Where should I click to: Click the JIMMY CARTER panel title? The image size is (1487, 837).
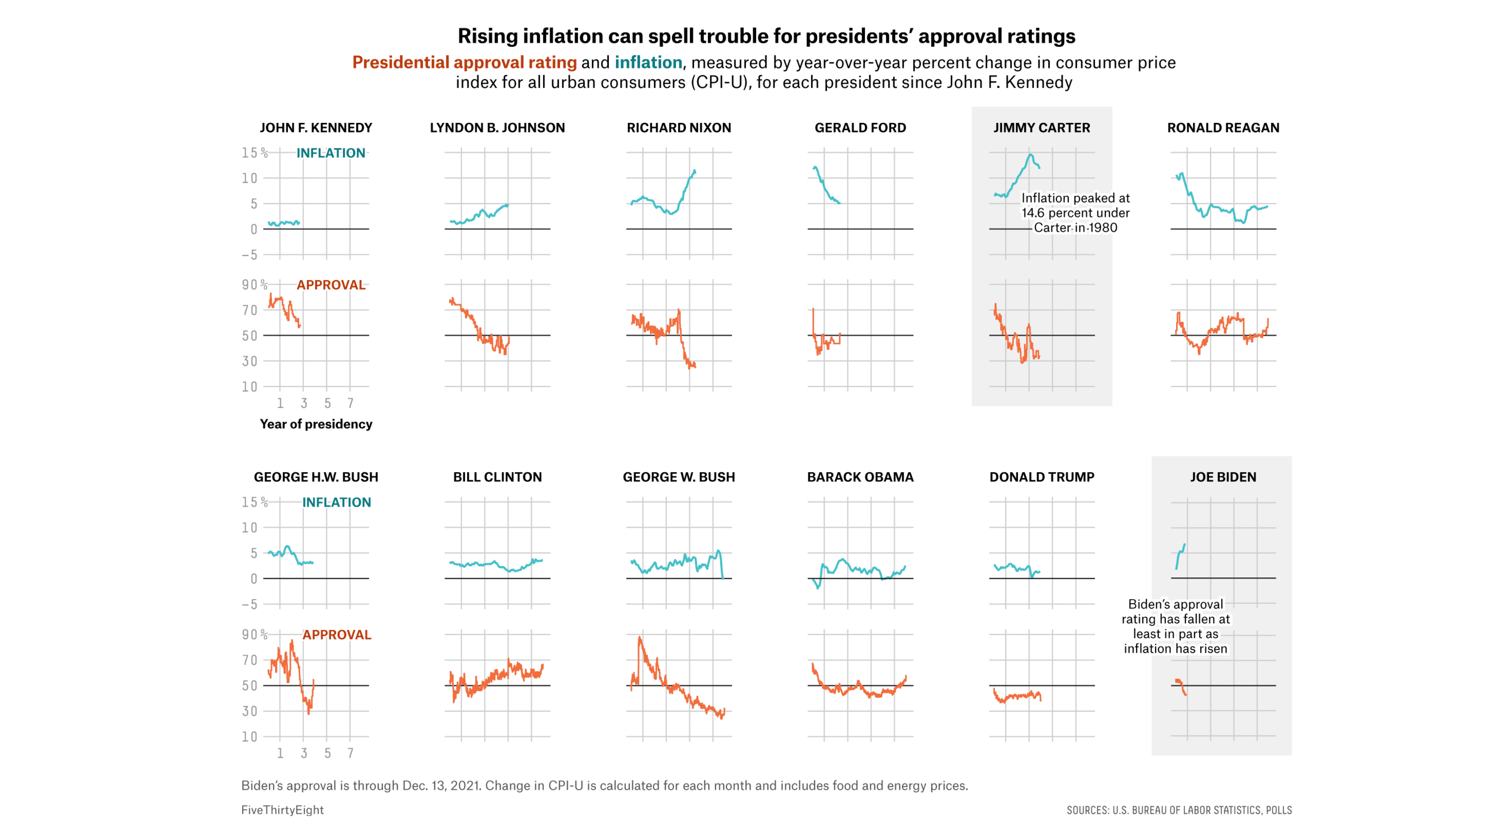click(1041, 127)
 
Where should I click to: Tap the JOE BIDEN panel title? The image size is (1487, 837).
click(1223, 477)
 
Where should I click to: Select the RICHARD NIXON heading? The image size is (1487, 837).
click(679, 127)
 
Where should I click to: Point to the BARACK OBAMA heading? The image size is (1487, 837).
click(860, 477)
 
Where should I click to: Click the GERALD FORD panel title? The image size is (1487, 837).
click(860, 127)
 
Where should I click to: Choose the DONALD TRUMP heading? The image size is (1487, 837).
click(1041, 477)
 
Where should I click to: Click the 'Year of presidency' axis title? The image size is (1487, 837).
click(316, 424)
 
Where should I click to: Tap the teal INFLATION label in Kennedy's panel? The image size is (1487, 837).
click(331, 153)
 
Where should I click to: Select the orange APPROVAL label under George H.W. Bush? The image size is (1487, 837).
click(337, 635)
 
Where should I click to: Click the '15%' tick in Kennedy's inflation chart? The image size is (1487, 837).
click(254, 153)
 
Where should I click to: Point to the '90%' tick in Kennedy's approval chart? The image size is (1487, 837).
click(254, 285)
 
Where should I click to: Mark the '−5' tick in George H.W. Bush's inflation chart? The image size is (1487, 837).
click(249, 604)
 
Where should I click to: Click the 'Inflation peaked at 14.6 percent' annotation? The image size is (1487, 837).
click(1075, 213)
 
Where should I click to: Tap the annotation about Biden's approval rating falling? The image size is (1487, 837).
click(1175, 626)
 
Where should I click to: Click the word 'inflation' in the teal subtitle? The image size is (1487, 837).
click(648, 62)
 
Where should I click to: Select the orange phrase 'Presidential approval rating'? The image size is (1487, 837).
click(464, 62)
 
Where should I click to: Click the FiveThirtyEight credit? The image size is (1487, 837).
click(282, 810)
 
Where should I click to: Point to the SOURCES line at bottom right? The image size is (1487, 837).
click(1179, 810)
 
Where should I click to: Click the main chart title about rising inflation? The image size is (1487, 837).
click(766, 36)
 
